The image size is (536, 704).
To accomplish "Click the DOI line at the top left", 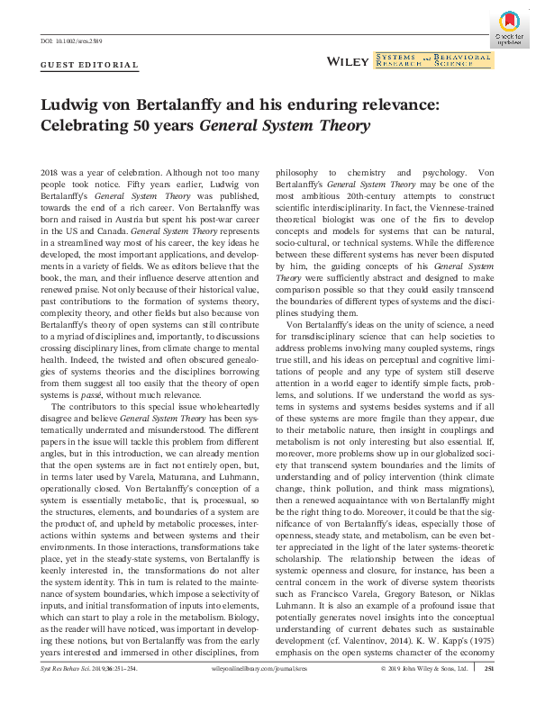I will (x=71, y=42).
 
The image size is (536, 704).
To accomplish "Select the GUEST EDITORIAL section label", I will (x=90, y=65).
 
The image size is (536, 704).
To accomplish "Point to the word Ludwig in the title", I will (x=74, y=105).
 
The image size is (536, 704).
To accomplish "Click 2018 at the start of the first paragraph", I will (x=52, y=172).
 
